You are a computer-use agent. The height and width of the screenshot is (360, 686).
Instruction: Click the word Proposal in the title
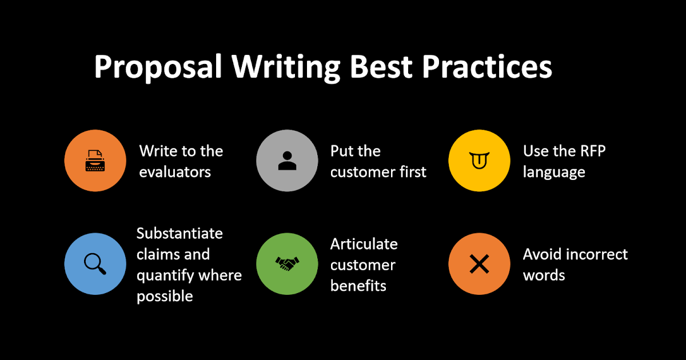(x=158, y=68)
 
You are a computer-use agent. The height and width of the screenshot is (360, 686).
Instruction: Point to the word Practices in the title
(x=487, y=67)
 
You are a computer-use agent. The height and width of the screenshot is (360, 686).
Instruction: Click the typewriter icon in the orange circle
(x=95, y=161)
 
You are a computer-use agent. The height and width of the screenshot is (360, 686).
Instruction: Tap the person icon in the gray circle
(x=287, y=161)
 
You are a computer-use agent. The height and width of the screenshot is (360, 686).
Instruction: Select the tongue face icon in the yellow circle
(x=479, y=161)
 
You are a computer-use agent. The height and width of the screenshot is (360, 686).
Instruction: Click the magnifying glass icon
(x=95, y=263)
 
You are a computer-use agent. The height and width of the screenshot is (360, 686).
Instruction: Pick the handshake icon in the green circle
(x=287, y=263)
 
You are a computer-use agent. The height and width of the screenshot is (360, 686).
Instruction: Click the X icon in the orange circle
(x=479, y=263)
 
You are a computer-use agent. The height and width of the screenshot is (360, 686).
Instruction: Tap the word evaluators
(x=175, y=171)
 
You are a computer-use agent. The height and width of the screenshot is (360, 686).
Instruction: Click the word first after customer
(x=413, y=171)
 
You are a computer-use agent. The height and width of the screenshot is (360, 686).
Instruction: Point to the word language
(x=554, y=172)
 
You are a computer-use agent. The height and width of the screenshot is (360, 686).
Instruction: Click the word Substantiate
(x=180, y=233)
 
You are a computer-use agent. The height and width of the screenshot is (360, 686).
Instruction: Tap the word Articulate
(x=364, y=244)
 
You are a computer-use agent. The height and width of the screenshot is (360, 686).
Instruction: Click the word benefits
(x=358, y=286)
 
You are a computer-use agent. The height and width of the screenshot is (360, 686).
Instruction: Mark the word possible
(x=165, y=297)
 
